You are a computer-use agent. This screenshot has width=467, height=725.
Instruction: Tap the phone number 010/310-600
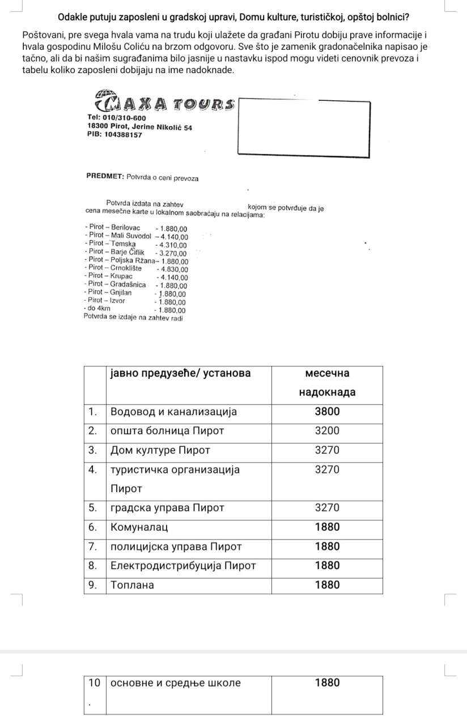click(120, 118)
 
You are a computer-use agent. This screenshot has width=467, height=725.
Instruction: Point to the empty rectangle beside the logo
click(304, 126)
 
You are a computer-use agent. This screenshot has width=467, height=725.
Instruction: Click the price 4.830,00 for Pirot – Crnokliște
click(172, 269)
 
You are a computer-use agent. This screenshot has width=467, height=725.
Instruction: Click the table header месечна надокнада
click(327, 383)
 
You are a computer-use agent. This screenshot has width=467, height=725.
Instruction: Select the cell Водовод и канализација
click(173, 412)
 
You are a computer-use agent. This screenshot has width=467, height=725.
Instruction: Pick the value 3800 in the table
click(327, 412)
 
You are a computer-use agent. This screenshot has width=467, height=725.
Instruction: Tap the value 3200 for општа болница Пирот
click(327, 431)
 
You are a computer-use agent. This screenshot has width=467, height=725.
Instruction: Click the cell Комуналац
click(139, 527)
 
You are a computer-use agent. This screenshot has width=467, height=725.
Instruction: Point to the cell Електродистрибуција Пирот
click(183, 566)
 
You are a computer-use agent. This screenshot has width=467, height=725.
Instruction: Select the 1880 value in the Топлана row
click(327, 585)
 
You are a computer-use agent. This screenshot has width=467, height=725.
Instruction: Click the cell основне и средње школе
click(176, 683)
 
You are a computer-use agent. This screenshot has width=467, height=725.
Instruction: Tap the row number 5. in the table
click(95, 508)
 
